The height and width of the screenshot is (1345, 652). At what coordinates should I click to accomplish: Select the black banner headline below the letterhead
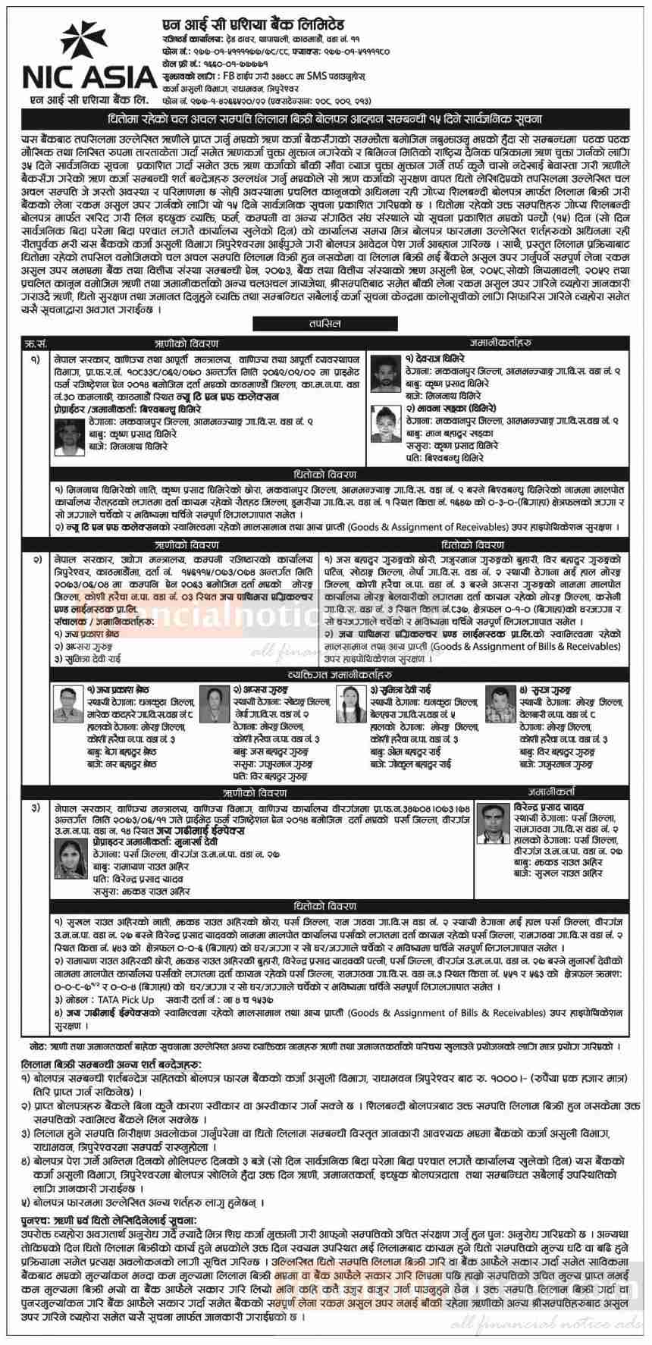326,121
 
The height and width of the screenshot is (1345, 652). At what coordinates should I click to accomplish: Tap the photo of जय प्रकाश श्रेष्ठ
67,706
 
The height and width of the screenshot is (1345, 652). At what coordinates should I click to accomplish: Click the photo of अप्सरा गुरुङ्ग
214,706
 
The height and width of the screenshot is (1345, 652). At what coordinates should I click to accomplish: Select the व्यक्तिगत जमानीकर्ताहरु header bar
326,674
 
